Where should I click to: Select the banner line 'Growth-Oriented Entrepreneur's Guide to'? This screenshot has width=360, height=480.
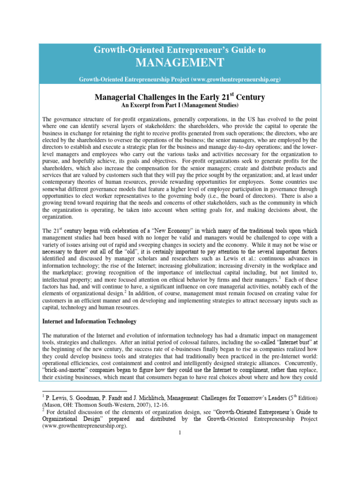tap(180, 50)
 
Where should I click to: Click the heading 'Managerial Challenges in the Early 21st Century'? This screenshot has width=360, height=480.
tap(180, 97)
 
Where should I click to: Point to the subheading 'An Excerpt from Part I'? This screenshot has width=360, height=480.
tap(180, 106)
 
